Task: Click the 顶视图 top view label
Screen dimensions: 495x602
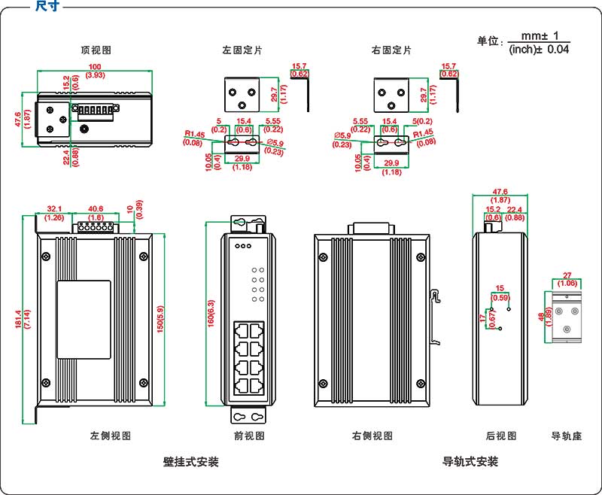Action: coord(96,50)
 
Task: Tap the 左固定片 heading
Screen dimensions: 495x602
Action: coord(242,50)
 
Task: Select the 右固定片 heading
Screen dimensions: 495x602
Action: coord(391,50)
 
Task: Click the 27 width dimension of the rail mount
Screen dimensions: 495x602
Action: coord(568,275)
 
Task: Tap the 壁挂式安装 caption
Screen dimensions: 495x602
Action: coord(191,461)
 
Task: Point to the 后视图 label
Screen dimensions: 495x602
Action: coord(501,436)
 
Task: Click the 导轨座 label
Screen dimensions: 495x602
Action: coord(567,436)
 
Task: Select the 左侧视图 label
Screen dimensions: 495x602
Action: coord(111,436)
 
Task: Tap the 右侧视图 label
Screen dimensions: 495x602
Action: coord(372,436)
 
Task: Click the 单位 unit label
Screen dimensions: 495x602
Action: coord(490,42)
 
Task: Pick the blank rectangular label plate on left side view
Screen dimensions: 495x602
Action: coord(84,319)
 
